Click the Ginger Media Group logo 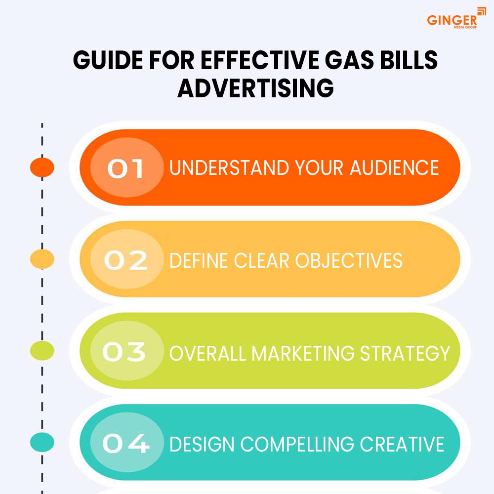pos(456,18)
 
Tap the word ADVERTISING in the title pos(255,88)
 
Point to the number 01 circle pos(127,167)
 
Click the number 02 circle pos(127,259)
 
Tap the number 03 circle pos(127,351)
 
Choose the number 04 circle pos(127,442)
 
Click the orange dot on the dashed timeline pos(42,167)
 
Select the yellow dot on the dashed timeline pos(42,259)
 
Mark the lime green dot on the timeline pos(42,351)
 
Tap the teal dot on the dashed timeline pos(42,442)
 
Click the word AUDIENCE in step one pos(394,167)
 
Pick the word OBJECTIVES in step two pos(349,260)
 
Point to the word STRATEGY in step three pos(405,353)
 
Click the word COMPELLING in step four pos(297,444)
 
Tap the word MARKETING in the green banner pos(303,353)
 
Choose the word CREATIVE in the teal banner pos(402,444)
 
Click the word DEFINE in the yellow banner pos(199,260)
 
